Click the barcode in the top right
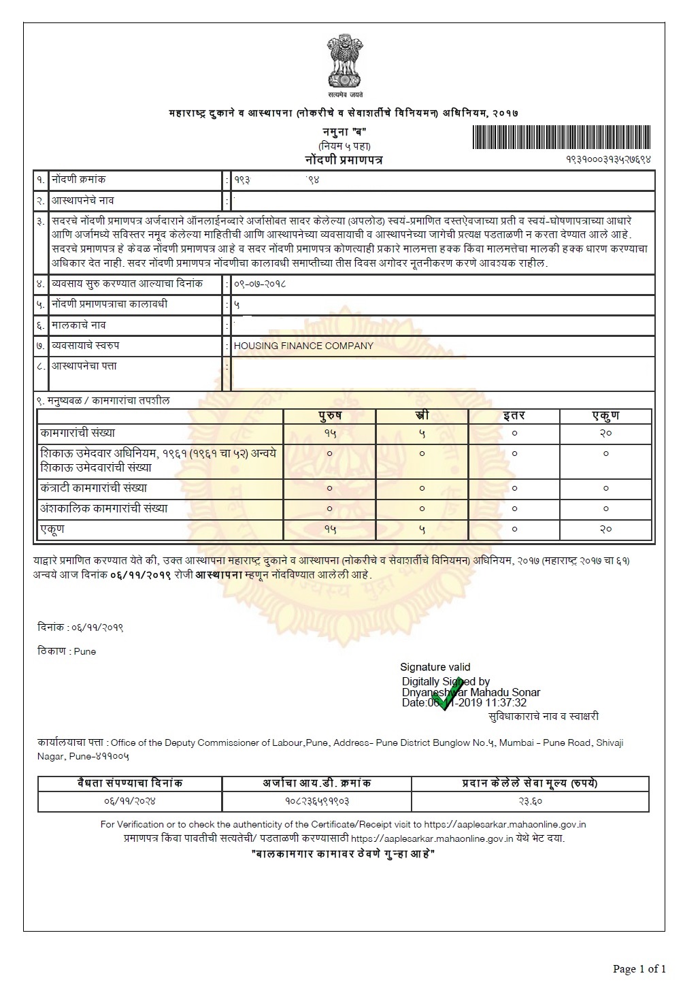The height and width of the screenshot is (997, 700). pos(561,137)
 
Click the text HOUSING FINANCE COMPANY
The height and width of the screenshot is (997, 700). pos(303,346)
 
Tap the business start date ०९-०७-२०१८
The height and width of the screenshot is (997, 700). pos(260,284)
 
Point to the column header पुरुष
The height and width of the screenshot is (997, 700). pos(330,415)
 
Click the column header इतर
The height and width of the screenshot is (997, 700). pos(514,415)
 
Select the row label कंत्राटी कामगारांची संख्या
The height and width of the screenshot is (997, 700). pos(93,488)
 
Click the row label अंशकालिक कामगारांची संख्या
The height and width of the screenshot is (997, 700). pos(103,508)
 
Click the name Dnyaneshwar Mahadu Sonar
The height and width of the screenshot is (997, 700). pos(471,692)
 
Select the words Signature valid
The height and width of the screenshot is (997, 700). pos(435,667)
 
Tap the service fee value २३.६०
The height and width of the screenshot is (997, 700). pos(530,801)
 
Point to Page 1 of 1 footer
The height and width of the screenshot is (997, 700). pos(639,968)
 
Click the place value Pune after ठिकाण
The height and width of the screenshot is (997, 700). pos(85,651)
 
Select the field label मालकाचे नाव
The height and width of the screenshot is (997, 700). pos(79,325)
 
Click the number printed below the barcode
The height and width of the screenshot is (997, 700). pos(608,159)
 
